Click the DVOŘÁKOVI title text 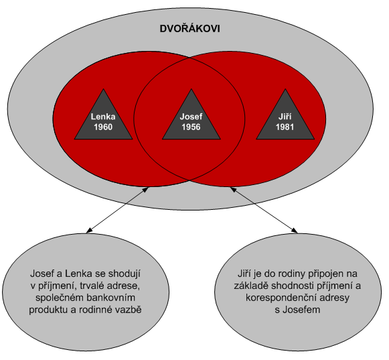(x=189, y=29)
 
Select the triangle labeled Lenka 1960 (x=104, y=119)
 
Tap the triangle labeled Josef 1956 (x=191, y=119)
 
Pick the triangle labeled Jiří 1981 (x=285, y=119)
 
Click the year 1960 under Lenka (x=103, y=127)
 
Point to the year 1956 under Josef (x=191, y=127)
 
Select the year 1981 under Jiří (x=285, y=127)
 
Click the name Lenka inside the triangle (x=103, y=117)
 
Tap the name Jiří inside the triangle (x=285, y=116)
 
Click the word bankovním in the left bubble (x=112, y=298)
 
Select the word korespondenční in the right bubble (x=281, y=298)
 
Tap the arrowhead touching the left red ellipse (x=145, y=190)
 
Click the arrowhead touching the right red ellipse (x=234, y=190)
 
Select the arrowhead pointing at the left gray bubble (x=90, y=231)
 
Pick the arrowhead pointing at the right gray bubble (x=294, y=231)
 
